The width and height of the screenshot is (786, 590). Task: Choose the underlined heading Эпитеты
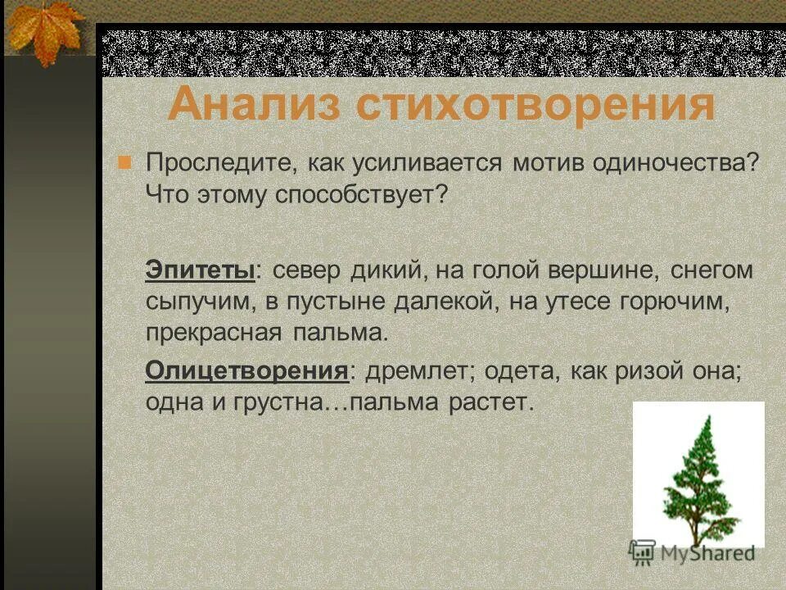click(201, 270)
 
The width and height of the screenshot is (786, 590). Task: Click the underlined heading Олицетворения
click(247, 370)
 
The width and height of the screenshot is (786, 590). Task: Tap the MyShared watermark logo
click(692, 552)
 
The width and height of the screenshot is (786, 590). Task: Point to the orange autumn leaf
click(45, 29)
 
